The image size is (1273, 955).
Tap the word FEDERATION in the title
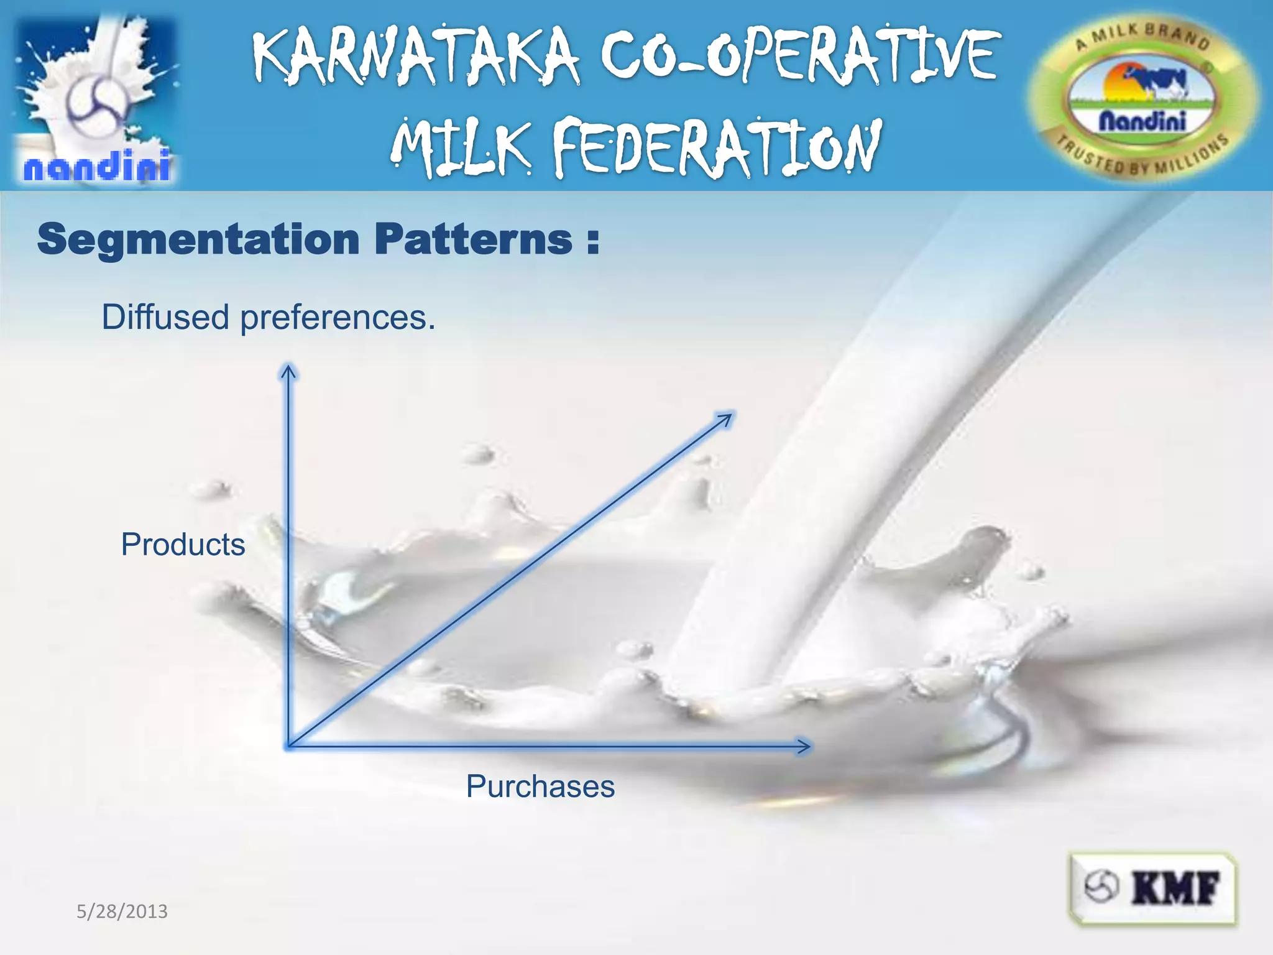(x=717, y=148)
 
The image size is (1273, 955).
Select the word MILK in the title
(x=461, y=148)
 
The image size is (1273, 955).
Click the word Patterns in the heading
(x=474, y=239)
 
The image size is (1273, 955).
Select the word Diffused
(x=165, y=317)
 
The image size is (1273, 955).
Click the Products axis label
(x=183, y=545)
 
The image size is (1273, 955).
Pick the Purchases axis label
(x=540, y=786)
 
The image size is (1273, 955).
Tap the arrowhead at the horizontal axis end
(x=804, y=745)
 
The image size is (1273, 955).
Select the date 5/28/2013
(x=122, y=911)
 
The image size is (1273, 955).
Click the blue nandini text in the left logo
(x=97, y=167)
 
